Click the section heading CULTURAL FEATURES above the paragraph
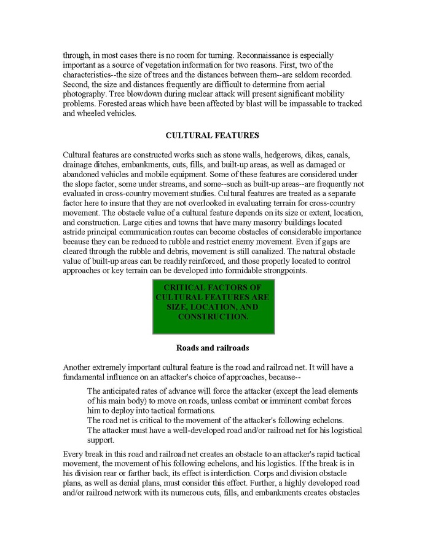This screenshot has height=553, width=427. tap(213, 134)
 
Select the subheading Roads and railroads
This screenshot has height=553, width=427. tap(213, 348)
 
